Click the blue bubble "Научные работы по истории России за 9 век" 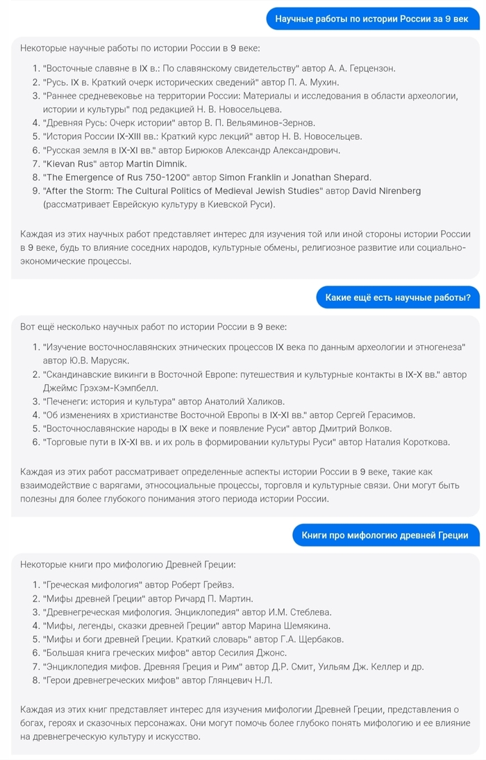click(372, 19)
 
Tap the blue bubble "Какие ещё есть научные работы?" click(397, 299)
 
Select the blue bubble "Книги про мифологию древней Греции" click(385, 535)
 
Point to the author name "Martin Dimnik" click(156, 163)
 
